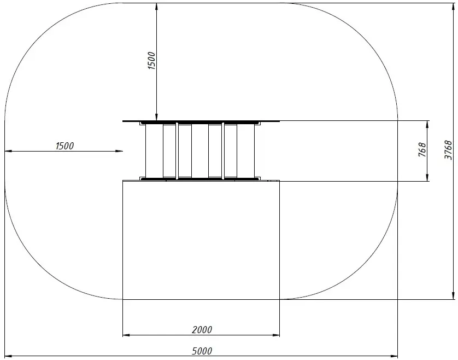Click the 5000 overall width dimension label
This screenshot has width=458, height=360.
[x=202, y=351]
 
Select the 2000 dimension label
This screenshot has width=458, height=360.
[x=202, y=329]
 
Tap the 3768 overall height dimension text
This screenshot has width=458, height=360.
[x=448, y=150]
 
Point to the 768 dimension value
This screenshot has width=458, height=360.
[x=422, y=150]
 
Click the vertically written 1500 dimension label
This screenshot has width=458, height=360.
[x=151, y=61]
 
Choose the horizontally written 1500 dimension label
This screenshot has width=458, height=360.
[x=64, y=146]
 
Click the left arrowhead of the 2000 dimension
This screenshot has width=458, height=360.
[x=126, y=335]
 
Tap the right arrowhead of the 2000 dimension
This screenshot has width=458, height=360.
[x=276, y=335]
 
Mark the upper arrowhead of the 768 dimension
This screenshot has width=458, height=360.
[x=427, y=124]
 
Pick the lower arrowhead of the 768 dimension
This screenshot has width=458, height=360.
[x=427, y=177]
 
